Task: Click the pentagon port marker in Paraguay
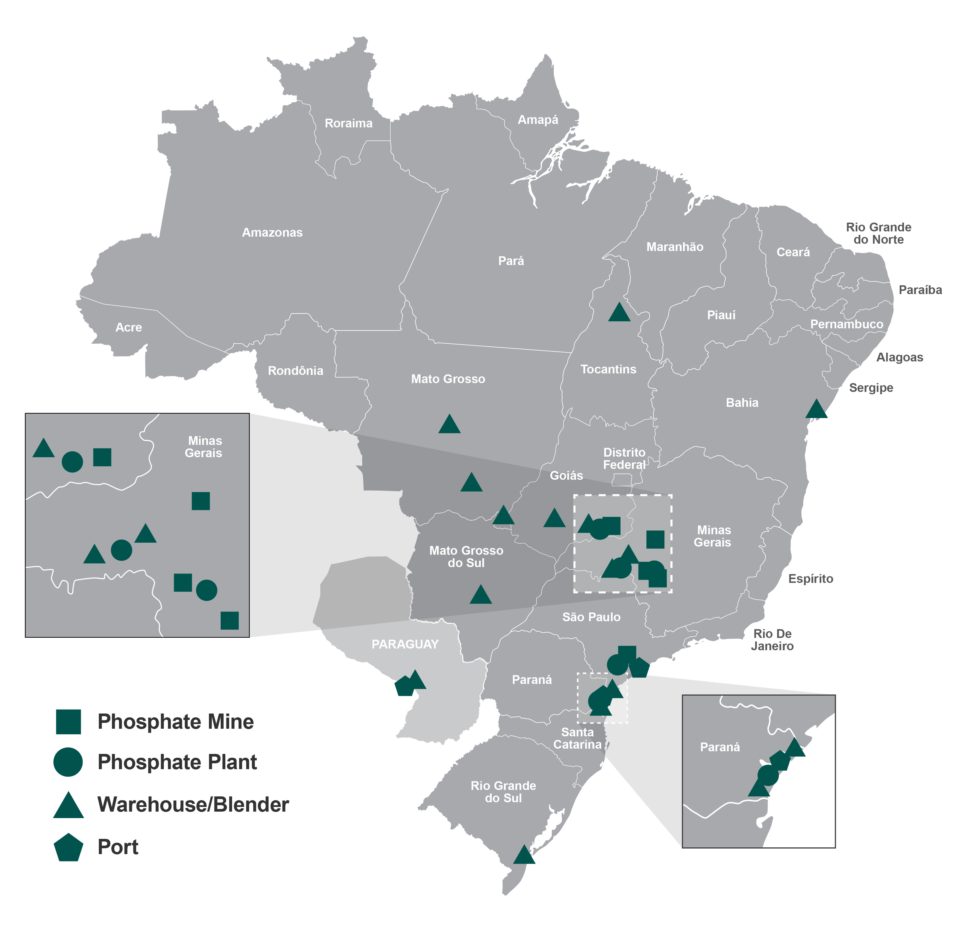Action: coord(404,687)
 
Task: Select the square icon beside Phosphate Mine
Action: coord(68,722)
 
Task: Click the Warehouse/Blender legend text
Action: coord(193,805)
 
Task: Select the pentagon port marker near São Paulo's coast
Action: coord(639,668)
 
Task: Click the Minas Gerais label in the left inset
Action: coord(204,447)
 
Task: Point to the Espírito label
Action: coord(811,579)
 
